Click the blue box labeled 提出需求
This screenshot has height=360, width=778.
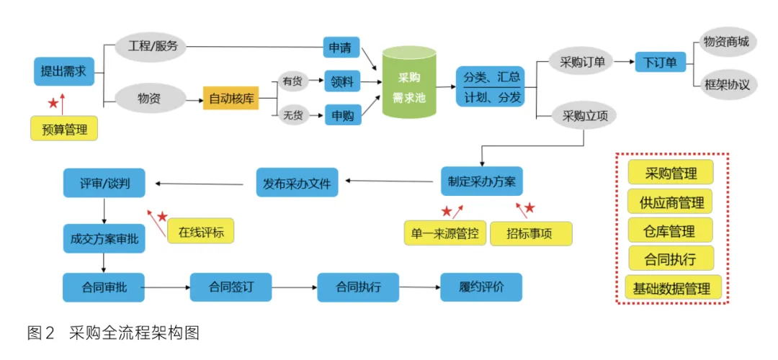(63, 71)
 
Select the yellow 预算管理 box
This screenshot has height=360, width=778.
(64, 130)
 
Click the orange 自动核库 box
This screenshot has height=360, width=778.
(231, 97)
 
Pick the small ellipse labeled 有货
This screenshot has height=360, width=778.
(292, 81)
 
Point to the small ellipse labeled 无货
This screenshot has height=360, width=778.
(292, 114)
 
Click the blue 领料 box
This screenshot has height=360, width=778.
(342, 81)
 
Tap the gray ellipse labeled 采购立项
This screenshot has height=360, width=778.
(583, 115)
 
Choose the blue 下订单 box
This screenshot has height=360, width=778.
(660, 62)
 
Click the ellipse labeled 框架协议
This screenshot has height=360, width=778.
(725, 84)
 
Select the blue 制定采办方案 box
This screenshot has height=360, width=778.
(481, 181)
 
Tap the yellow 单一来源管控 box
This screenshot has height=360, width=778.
(445, 233)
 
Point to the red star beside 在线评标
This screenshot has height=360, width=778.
(163, 216)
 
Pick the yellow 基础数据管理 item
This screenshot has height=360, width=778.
(671, 288)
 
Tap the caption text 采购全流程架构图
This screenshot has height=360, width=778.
(133, 333)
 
